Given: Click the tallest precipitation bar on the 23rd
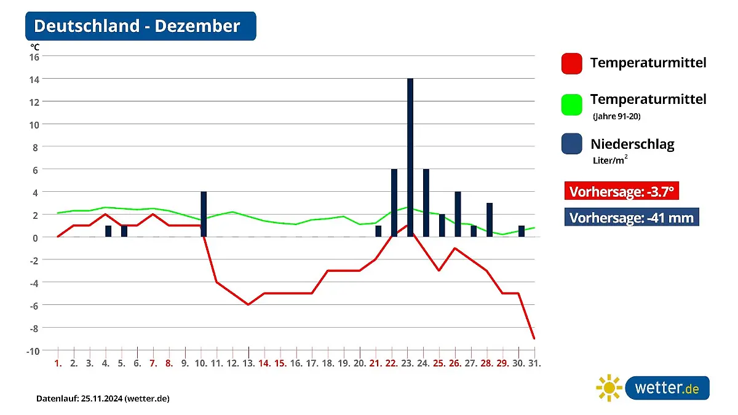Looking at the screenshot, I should (x=410, y=157).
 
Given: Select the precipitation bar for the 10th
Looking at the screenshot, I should (x=204, y=214).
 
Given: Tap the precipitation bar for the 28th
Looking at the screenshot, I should (x=490, y=219).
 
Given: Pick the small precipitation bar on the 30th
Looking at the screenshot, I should (x=522, y=231).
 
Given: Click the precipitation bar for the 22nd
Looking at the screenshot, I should (x=394, y=203).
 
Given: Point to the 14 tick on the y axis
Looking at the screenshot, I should (x=34, y=79).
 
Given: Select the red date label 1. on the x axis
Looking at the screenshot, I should (x=58, y=363).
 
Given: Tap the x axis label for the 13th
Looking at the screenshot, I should (x=248, y=363).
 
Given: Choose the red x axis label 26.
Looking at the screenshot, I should (x=455, y=363).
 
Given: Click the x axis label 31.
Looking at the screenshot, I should (x=534, y=363).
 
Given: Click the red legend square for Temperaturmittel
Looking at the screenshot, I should (x=571, y=63).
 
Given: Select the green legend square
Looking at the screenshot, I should (x=571, y=104).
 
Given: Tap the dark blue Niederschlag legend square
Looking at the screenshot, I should (x=571, y=144).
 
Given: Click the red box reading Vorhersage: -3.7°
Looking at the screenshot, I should (x=621, y=192).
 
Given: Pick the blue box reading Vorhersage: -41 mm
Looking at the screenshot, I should (x=632, y=218).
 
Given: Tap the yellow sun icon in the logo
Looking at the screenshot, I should (x=609, y=388).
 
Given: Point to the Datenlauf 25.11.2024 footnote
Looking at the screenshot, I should (x=103, y=398).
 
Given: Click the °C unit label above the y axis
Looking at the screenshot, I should (x=35, y=46).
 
